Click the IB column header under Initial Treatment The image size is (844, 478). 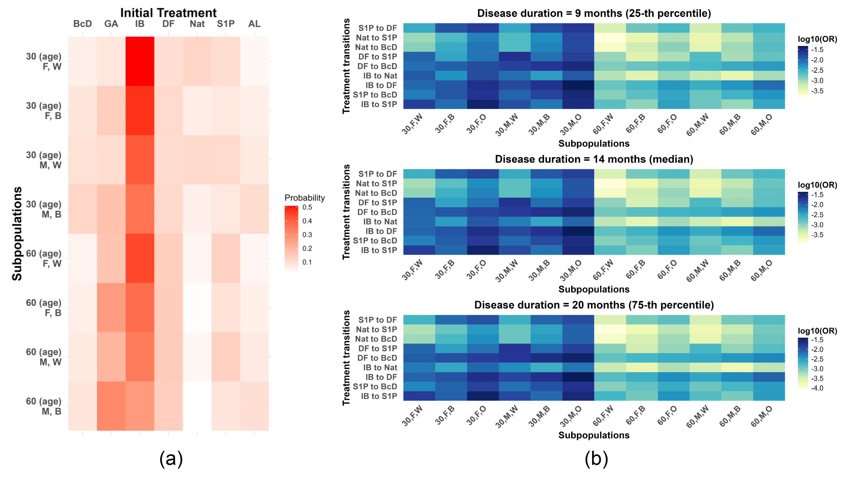pos(140,24)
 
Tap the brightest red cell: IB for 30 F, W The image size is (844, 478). pos(140,61)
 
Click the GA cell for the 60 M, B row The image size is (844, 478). pos(111,406)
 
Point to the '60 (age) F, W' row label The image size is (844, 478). pos(44,258)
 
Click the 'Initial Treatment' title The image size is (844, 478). pos(168,13)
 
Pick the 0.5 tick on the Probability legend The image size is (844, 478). pos(307,207)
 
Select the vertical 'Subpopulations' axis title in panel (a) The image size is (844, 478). pos(17,233)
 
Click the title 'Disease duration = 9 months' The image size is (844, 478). pos(594,13)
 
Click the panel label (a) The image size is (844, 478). pos(171,459)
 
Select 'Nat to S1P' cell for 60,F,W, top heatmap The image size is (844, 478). pos(610,38)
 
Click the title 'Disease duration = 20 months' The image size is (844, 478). pos(594,305)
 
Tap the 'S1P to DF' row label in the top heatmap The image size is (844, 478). pos(378,28)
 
